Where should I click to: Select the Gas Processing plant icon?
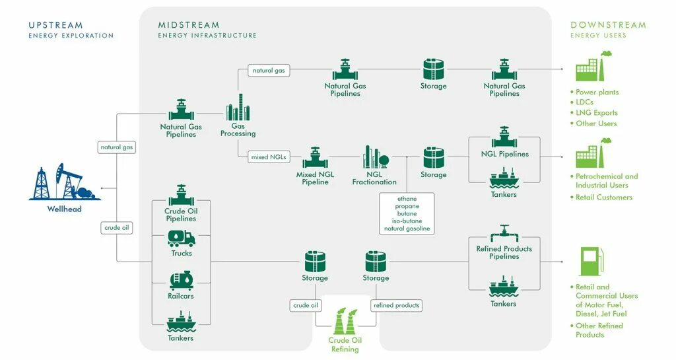(238, 107)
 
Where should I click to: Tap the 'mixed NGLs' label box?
(268, 157)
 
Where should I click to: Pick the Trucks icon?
(181, 238)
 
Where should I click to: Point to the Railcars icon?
(181, 281)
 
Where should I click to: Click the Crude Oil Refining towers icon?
(344, 322)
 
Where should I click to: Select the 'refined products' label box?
(396, 305)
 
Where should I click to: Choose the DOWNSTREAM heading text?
(608, 25)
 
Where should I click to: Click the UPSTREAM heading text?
(56, 25)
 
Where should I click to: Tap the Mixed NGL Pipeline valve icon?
(315, 158)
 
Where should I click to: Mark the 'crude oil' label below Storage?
(306, 305)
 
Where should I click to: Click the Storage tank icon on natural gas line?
(433, 69)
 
